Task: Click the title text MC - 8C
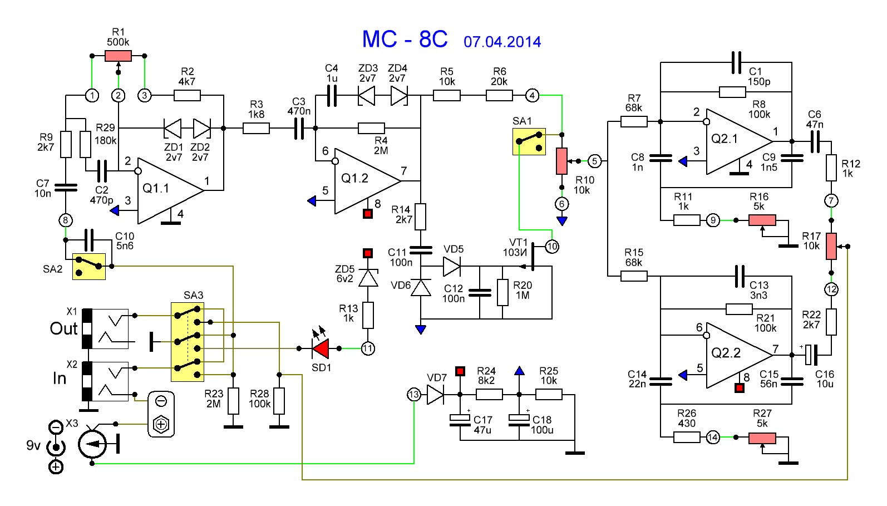(405, 40)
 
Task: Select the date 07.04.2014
(502, 42)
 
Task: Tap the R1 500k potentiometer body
(118, 56)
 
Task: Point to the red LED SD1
(321, 348)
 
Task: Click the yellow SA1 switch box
(529, 141)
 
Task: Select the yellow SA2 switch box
(89, 266)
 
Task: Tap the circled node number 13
(414, 395)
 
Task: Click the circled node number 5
(595, 161)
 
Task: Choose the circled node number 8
(66, 220)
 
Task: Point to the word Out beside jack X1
(63, 328)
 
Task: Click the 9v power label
(33, 445)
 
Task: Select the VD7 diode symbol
(435, 395)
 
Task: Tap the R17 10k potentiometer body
(831, 246)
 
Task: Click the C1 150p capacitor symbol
(736, 62)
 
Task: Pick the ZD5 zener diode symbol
(368, 277)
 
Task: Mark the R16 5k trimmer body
(762, 220)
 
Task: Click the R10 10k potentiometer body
(562, 161)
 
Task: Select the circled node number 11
(368, 348)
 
